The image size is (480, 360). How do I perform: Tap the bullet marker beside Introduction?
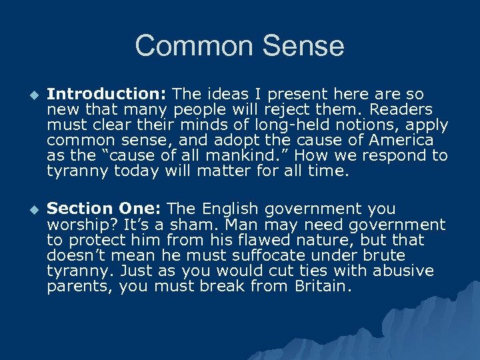29,95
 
